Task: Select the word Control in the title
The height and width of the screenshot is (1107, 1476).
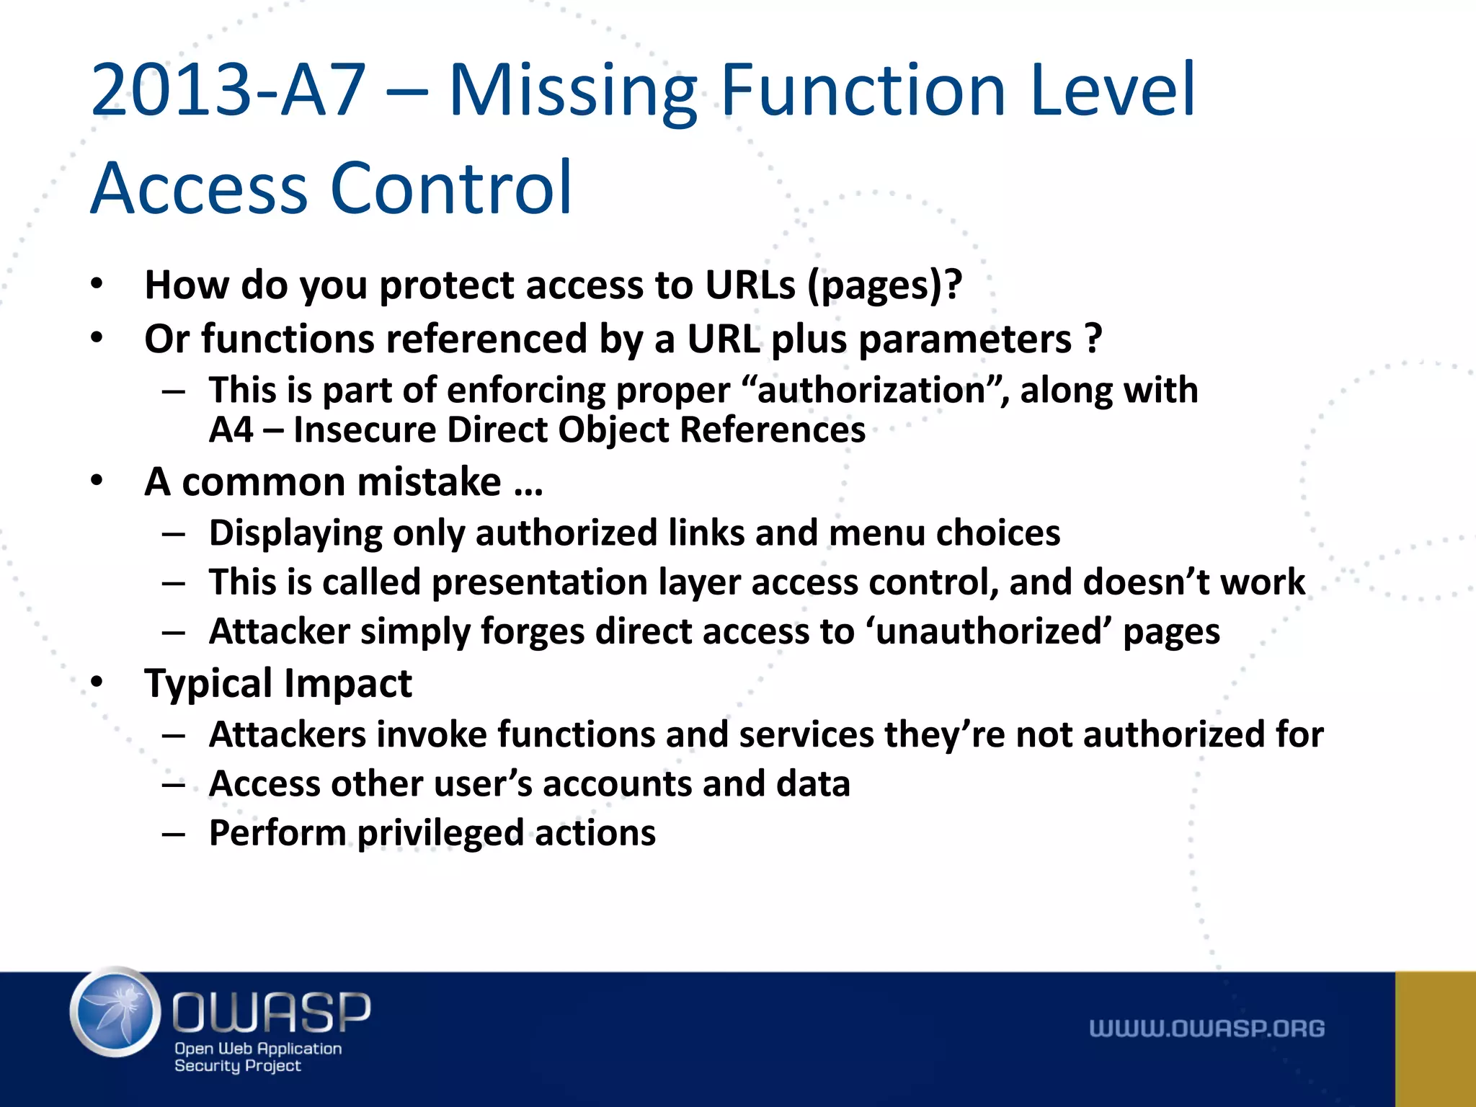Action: click(451, 188)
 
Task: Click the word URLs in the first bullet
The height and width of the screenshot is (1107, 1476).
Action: click(750, 285)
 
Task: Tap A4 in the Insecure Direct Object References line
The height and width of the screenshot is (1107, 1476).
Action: click(231, 430)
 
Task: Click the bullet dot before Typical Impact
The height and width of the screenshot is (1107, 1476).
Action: click(97, 681)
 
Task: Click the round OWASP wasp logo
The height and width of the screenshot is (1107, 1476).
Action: click(115, 1011)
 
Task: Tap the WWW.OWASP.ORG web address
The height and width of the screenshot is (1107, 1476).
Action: click(1206, 1028)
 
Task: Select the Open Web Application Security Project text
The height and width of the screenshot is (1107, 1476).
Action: click(257, 1057)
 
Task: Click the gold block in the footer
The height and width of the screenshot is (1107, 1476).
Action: click(1435, 1039)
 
